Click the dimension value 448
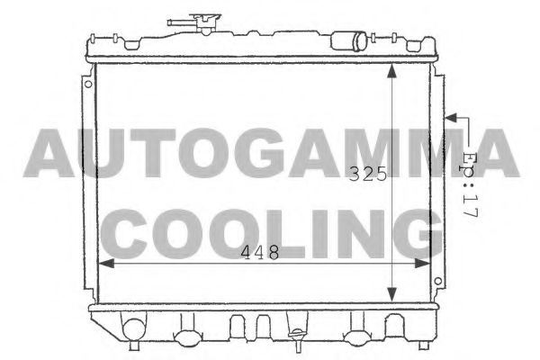(260, 254)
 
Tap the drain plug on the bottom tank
(295, 339)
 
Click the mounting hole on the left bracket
(87, 85)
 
